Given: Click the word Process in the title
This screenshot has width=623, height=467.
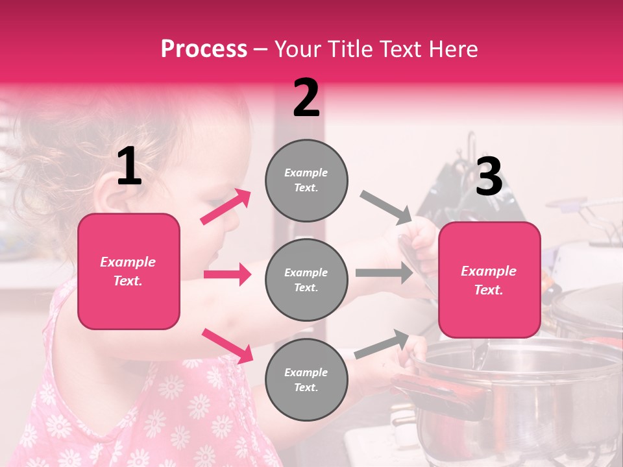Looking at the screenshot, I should (x=204, y=49).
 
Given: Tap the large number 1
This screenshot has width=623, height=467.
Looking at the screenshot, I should (x=129, y=167).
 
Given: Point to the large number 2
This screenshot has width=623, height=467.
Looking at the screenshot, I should (x=306, y=99).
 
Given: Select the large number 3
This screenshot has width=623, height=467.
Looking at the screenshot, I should (x=489, y=177).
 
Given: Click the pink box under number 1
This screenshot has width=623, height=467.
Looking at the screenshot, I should (x=128, y=271).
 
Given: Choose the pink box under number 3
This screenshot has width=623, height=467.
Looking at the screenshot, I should (x=489, y=280).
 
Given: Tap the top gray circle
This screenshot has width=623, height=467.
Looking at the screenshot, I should (x=306, y=180).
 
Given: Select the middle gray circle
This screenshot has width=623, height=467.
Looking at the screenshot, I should (x=306, y=280).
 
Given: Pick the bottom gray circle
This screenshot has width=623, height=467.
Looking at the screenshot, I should (x=306, y=380).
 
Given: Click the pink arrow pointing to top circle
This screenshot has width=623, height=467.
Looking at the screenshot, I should (x=226, y=206).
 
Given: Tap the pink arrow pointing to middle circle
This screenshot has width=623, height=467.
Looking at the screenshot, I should (x=227, y=274).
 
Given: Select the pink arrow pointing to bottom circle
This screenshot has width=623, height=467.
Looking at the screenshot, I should (x=227, y=345).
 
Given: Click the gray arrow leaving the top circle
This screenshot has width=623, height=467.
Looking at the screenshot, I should (x=385, y=208).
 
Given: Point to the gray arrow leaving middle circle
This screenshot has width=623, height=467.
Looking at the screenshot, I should (x=384, y=272).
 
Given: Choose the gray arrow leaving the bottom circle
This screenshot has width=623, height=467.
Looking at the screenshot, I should (x=382, y=344).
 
